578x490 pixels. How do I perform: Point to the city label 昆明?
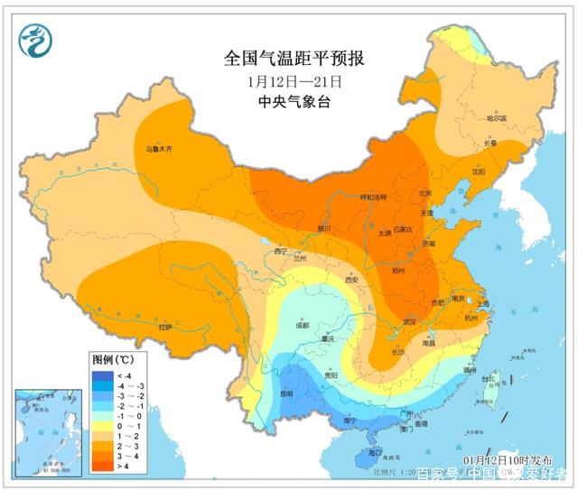(x=286, y=394)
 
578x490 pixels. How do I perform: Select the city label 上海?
(x=480, y=304)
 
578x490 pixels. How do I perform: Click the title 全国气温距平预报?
(x=294, y=60)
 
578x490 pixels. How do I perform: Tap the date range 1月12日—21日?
(x=294, y=81)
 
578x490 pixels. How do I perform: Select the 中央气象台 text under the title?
(x=294, y=102)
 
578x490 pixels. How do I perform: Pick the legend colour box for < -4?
(x=102, y=374)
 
